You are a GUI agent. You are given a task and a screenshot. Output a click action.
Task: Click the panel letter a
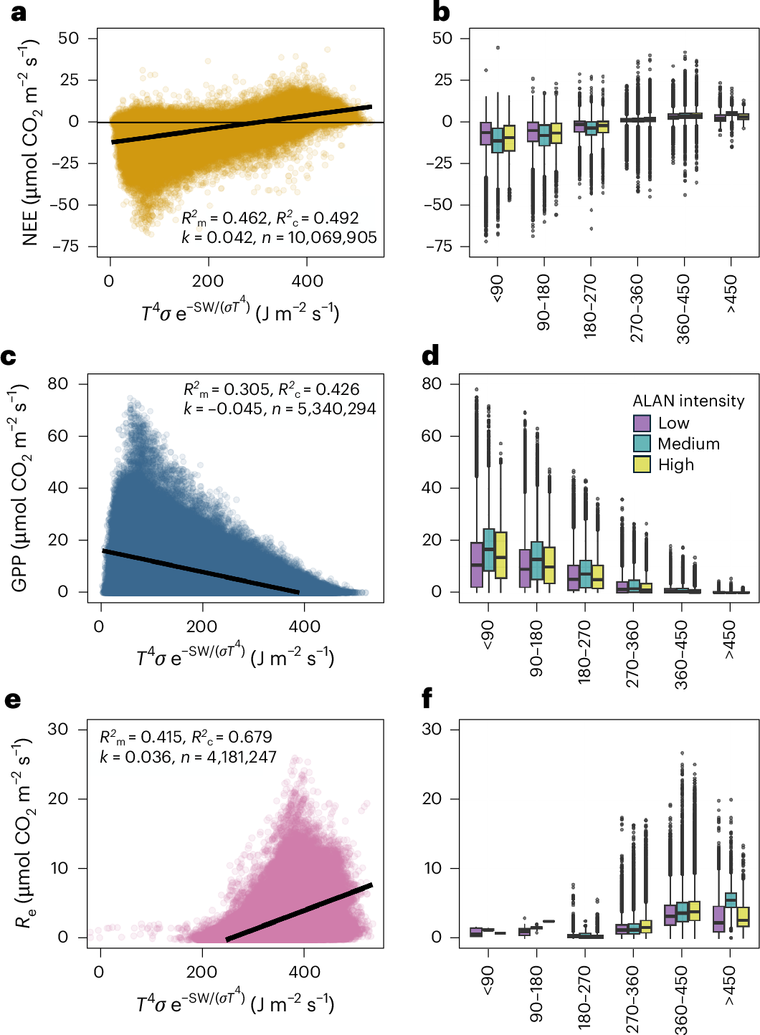(17, 12)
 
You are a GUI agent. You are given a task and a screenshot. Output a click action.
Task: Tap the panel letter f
(427, 698)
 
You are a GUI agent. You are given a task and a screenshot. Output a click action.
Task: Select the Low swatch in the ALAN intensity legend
(642, 423)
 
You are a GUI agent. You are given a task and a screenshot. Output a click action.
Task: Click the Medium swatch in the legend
(642, 444)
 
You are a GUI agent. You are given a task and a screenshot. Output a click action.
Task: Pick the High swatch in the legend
(642, 464)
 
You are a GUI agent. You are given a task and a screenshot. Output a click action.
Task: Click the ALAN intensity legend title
(688, 401)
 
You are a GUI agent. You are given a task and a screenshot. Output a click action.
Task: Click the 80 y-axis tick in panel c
(58, 384)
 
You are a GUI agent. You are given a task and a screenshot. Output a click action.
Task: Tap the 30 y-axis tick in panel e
(58, 730)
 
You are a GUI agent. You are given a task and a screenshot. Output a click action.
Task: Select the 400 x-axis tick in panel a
(307, 281)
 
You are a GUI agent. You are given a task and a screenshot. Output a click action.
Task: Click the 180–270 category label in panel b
(590, 306)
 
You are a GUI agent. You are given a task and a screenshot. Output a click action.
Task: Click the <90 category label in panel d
(488, 634)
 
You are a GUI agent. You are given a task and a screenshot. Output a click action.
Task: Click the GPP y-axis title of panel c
(20, 487)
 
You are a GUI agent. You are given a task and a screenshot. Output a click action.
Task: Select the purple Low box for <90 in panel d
(477, 565)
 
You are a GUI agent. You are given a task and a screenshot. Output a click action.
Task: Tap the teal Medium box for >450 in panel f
(731, 900)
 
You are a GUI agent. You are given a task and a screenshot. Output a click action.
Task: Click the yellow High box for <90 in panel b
(509, 138)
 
